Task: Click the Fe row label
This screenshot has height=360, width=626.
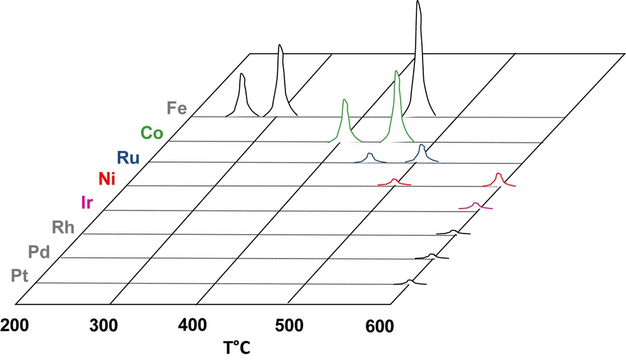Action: [x=177, y=108]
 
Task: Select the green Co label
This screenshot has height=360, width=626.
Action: [x=152, y=133]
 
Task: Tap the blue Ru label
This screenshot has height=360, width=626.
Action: [x=128, y=157]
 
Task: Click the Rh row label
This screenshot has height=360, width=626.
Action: [x=63, y=227]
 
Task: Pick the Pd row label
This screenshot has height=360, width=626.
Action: [x=40, y=252]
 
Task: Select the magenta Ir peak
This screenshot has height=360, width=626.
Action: [x=476, y=205]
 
